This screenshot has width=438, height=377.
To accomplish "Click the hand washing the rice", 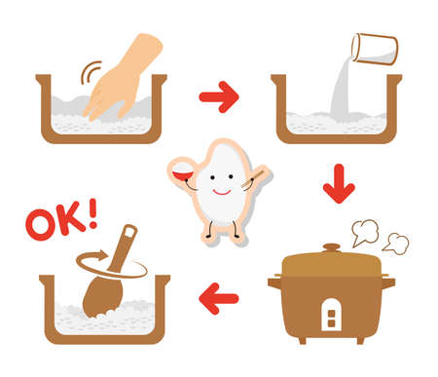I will coord(125,78).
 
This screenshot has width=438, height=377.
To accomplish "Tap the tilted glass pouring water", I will coord(374,48).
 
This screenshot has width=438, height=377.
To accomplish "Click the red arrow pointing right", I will coord(219,97).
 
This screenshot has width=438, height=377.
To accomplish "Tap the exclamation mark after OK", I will coord(91,214).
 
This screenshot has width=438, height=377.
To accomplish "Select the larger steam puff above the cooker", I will coord(365,231).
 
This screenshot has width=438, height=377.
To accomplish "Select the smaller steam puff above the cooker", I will coord(395,244).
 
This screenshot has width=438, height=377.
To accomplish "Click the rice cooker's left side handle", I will coord(274,284).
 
